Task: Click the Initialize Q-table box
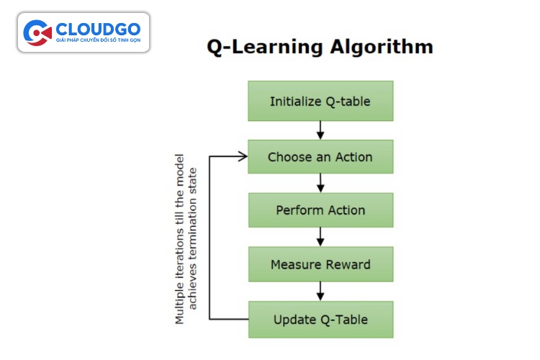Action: pos(320,101)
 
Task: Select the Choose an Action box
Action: pos(320,157)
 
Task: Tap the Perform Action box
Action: pos(320,210)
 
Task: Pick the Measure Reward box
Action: pos(320,264)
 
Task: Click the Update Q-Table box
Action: pos(320,320)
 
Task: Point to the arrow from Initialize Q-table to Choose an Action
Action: pos(320,130)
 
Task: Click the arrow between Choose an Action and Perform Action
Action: pos(320,183)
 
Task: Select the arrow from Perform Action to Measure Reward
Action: pos(320,237)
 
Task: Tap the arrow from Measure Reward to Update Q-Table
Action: pos(320,291)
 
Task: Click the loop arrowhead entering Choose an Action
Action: pos(243,157)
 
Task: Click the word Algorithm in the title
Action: pos(382,48)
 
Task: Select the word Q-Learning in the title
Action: pos(265,48)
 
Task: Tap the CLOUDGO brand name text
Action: pos(98,30)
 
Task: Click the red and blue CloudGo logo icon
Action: pos(37,32)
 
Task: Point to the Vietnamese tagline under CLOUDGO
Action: pos(99,40)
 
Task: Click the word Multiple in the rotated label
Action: pos(179,303)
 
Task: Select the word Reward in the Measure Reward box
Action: pos(348,264)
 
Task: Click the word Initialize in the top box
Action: pos(296,102)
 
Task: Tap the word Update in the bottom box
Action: pos(295,320)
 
